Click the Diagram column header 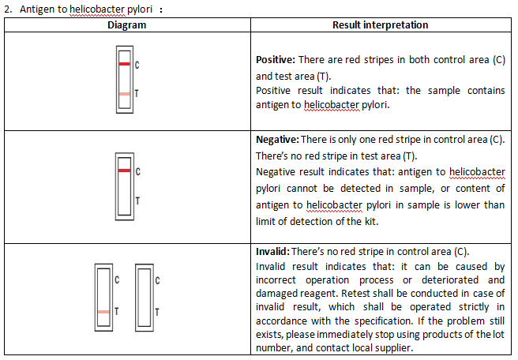127,25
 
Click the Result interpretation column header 381,25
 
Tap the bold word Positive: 276,60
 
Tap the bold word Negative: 277,140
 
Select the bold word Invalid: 273,252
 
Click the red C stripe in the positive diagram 125,64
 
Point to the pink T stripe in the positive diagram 125,94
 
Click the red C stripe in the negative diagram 124,171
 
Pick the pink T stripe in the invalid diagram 103,312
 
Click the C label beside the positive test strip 137,65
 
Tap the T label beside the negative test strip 137,201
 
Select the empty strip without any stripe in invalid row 145,298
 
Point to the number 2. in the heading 8,9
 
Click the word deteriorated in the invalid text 450,279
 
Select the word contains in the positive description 486,91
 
